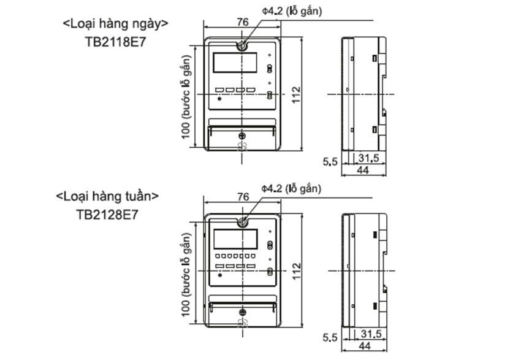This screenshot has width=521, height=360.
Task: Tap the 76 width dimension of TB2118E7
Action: click(243, 21)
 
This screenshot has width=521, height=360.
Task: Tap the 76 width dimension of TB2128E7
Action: click(243, 197)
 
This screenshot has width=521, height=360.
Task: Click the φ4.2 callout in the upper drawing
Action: click(291, 10)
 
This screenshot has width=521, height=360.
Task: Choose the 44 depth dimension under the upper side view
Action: click(362, 170)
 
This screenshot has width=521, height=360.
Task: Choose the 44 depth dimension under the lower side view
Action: click(362, 347)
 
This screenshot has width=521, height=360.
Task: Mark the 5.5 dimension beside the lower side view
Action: click(330, 338)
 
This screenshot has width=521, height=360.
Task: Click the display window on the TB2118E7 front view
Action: click(235, 63)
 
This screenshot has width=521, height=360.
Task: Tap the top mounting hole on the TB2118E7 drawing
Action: click(242, 45)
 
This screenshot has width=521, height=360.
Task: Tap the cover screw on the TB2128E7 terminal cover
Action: click(242, 312)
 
